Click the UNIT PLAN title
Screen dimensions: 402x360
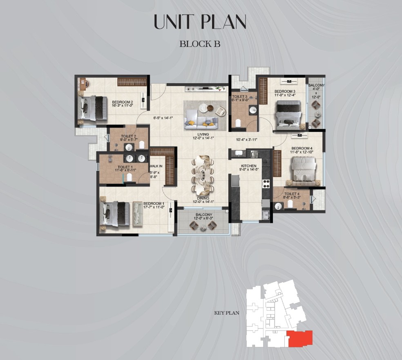[200, 22]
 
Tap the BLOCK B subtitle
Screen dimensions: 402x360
[200, 44]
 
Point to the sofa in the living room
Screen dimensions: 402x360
[201, 119]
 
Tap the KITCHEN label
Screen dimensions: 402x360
[249, 166]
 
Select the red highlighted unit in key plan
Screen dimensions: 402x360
[300, 338]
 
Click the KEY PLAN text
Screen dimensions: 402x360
[227, 313]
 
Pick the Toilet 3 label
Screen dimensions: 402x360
[240, 97]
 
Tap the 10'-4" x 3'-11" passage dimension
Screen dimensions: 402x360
[247, 140]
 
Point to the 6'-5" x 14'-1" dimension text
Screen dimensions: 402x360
[163, 118]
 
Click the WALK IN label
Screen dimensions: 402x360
[156, 166]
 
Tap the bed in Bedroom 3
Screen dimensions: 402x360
[288, 115]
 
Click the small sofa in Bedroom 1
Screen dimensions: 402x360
[138, 214]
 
